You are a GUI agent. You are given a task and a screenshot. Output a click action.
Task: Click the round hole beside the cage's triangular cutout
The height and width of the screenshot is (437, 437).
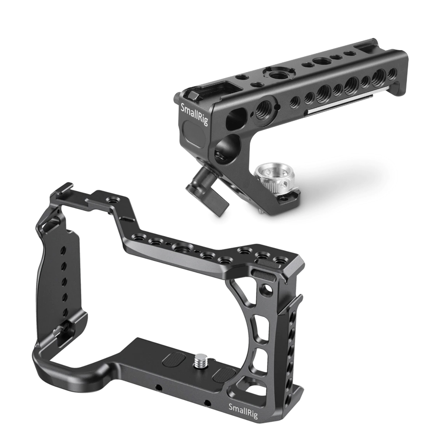pyautogui.click(x=264, y=289)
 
